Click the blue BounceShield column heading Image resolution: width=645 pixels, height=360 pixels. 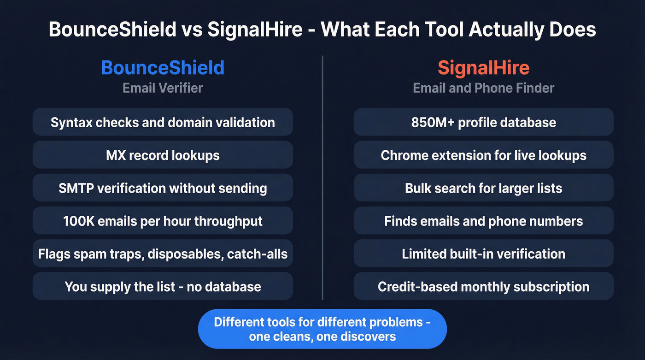(x=163, y=68)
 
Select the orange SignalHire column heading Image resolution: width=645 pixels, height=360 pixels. (x=483, y=68)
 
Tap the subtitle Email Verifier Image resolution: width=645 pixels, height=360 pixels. (x=163, y=88)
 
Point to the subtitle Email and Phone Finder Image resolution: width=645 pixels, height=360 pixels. (x=483, y=88)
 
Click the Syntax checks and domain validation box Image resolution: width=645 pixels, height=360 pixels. (x=163, y=122)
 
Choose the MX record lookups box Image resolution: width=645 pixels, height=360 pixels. (x=163, y=155)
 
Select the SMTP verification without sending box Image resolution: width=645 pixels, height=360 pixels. (x=163, y=188)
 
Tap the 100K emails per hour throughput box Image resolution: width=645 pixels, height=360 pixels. (x=163, y=221)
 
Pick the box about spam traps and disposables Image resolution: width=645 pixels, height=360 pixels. (x=163, y=254)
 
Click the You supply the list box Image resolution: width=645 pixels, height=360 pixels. (x=163, y=286)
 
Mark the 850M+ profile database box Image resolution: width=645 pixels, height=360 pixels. (x=483, y=122)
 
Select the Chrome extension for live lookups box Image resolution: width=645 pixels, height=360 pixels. (x=483, y=155)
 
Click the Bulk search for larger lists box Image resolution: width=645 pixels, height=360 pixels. (x=483, y=188)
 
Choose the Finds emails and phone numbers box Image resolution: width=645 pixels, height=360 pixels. (x=483, y=221)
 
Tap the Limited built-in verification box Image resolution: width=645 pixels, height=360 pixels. (x=483, y=254)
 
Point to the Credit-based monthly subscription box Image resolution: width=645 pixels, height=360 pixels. (x=483, y=286)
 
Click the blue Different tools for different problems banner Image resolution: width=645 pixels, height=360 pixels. (x=322, y=329)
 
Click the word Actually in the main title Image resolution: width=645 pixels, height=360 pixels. (x=508, y=30)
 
